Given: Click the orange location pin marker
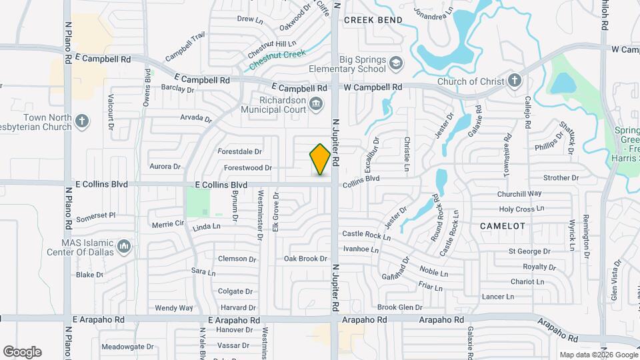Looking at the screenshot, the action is [x=321, y=159].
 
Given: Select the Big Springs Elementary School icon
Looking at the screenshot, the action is [x=396, y=63].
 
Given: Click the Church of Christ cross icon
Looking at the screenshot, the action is [x=514, y=81].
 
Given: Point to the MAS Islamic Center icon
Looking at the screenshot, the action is [x=123, y=247].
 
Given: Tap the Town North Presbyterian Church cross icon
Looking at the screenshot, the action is [x=82, y=121].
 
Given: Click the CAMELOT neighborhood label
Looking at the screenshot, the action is [x=503, y=226].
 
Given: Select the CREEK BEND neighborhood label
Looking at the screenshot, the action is [x=373, y=20].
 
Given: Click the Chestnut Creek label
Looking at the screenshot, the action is [x=277, y=60].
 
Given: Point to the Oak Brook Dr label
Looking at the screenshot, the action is [x=305, y=259].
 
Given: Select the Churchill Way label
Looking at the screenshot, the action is [x=519, y=194].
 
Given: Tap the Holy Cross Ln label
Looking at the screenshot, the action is [x=517, y=209].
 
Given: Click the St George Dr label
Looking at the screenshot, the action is [x=529, y=251].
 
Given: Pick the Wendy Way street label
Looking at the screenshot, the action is [x=173, y=308].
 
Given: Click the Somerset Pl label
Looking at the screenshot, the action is [x=96, y=215].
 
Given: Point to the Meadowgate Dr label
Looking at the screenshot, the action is [x=127, y=347].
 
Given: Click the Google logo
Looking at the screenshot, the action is [x=21, y=352].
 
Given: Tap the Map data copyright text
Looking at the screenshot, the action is [x=597, y=355].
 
